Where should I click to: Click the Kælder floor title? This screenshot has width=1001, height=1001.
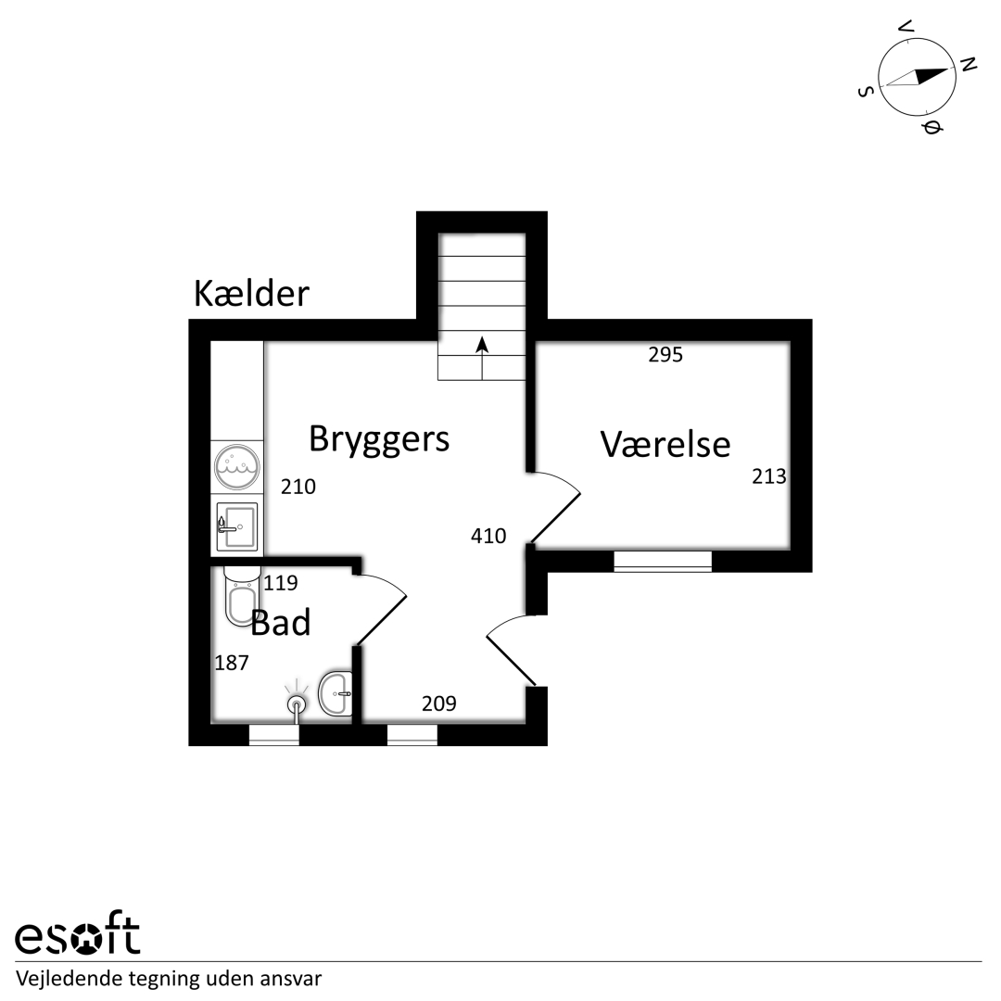coord(251,294)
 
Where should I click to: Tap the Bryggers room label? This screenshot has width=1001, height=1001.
coord(379,440)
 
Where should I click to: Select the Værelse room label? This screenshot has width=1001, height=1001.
coord(665,444)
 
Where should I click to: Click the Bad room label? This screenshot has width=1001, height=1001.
coord(280,623)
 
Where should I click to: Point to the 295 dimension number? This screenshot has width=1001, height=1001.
coord(665,355)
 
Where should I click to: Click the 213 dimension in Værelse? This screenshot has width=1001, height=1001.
coord(768,476)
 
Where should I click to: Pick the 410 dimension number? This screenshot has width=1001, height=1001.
coord(488,536)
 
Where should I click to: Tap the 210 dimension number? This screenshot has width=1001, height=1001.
coord(298,488)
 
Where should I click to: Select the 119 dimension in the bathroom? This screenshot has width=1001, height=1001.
coord(280,583)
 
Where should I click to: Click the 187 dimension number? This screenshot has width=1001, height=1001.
coord(231,664)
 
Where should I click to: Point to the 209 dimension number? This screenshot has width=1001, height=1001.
coord(438,703)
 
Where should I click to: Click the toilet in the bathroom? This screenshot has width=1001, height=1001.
coord(241,595)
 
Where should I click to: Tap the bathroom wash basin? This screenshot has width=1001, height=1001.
coord(336,693)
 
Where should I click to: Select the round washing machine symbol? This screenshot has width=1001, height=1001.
coord(237,466)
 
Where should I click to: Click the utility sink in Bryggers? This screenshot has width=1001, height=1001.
coord(237,526)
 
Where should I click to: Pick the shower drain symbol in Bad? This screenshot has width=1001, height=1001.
coord(297,704)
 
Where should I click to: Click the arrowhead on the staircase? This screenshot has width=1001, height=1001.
coord(482,345)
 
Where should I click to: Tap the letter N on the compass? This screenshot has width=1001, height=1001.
coord(969,64)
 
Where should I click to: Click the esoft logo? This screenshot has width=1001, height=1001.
coord(77,936)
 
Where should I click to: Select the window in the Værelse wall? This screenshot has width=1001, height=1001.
coord(663,561)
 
